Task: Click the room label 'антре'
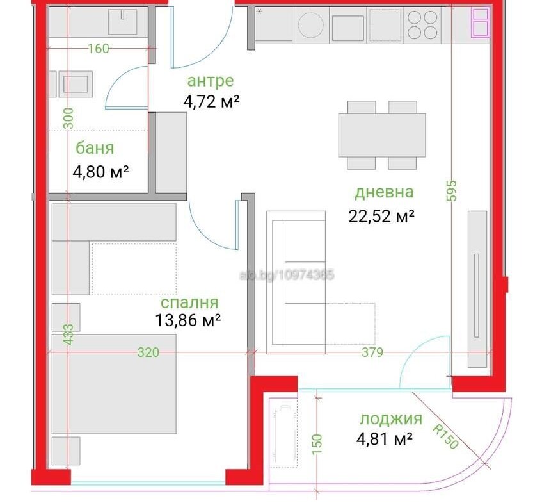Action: click(x=211, y=81)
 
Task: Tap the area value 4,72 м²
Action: click(x=211, y=102)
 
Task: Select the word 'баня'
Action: click(x=95, y=148)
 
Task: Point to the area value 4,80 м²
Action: click(x=100, y=171)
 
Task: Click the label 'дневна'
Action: click(x=384, y=192)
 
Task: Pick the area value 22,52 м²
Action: click(x=381, y=217)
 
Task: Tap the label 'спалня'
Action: click(x=189, y=303)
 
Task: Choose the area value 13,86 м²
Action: click(x=188, y=320)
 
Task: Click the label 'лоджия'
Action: click(x=391, y=420)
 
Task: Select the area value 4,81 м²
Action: click(x=385, y=440)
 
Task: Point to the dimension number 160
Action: click(x=99, y=49)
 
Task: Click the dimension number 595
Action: click(x=451, y=190)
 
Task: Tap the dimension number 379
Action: click(x=372, y=352)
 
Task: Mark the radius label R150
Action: click(x=446, y=436)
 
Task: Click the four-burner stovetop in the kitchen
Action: click(x=422, y=24)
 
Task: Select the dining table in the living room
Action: click(x=382, y=135)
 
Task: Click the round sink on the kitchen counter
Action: click(x=311, y=25)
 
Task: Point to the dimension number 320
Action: click(x=148, y=352)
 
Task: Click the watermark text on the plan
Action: click(x=287, y=276)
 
